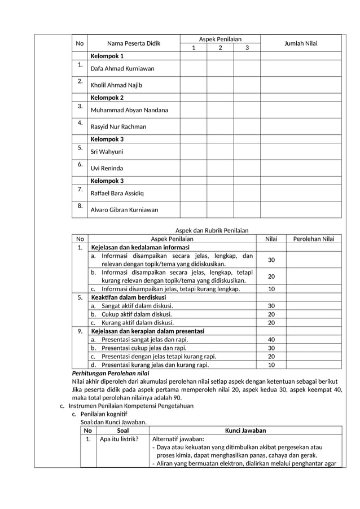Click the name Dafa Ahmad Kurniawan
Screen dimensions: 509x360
point(122,69)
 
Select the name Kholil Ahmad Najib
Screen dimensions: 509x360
point(116,85)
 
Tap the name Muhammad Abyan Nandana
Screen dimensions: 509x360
point(129,110)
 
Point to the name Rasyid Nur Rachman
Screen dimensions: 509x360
point(118,127)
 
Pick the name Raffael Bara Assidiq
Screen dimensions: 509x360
point(117,194)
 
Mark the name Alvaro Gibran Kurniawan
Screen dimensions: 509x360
point(125,210)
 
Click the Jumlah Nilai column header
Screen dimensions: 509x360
point(300,43)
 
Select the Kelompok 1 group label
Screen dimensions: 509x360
point(107,56)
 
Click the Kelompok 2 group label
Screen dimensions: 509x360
point(107,98)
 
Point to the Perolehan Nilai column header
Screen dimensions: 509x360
point(314,239)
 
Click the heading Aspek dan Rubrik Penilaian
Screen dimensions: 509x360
point(212,230)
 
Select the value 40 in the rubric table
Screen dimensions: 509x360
point(271,340)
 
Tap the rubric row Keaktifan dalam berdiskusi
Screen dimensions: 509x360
point(129,297)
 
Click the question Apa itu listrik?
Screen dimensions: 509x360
point(119,439)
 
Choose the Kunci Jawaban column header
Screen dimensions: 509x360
point(245,431)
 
